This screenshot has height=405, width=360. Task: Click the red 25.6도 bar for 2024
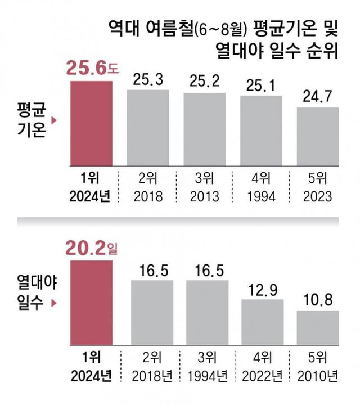[x=91, y=124]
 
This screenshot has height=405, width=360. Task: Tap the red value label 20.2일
[x=93, y=247]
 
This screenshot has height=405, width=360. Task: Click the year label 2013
[x=205, y=196]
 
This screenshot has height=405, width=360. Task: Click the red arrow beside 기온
[x=54, y=120]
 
